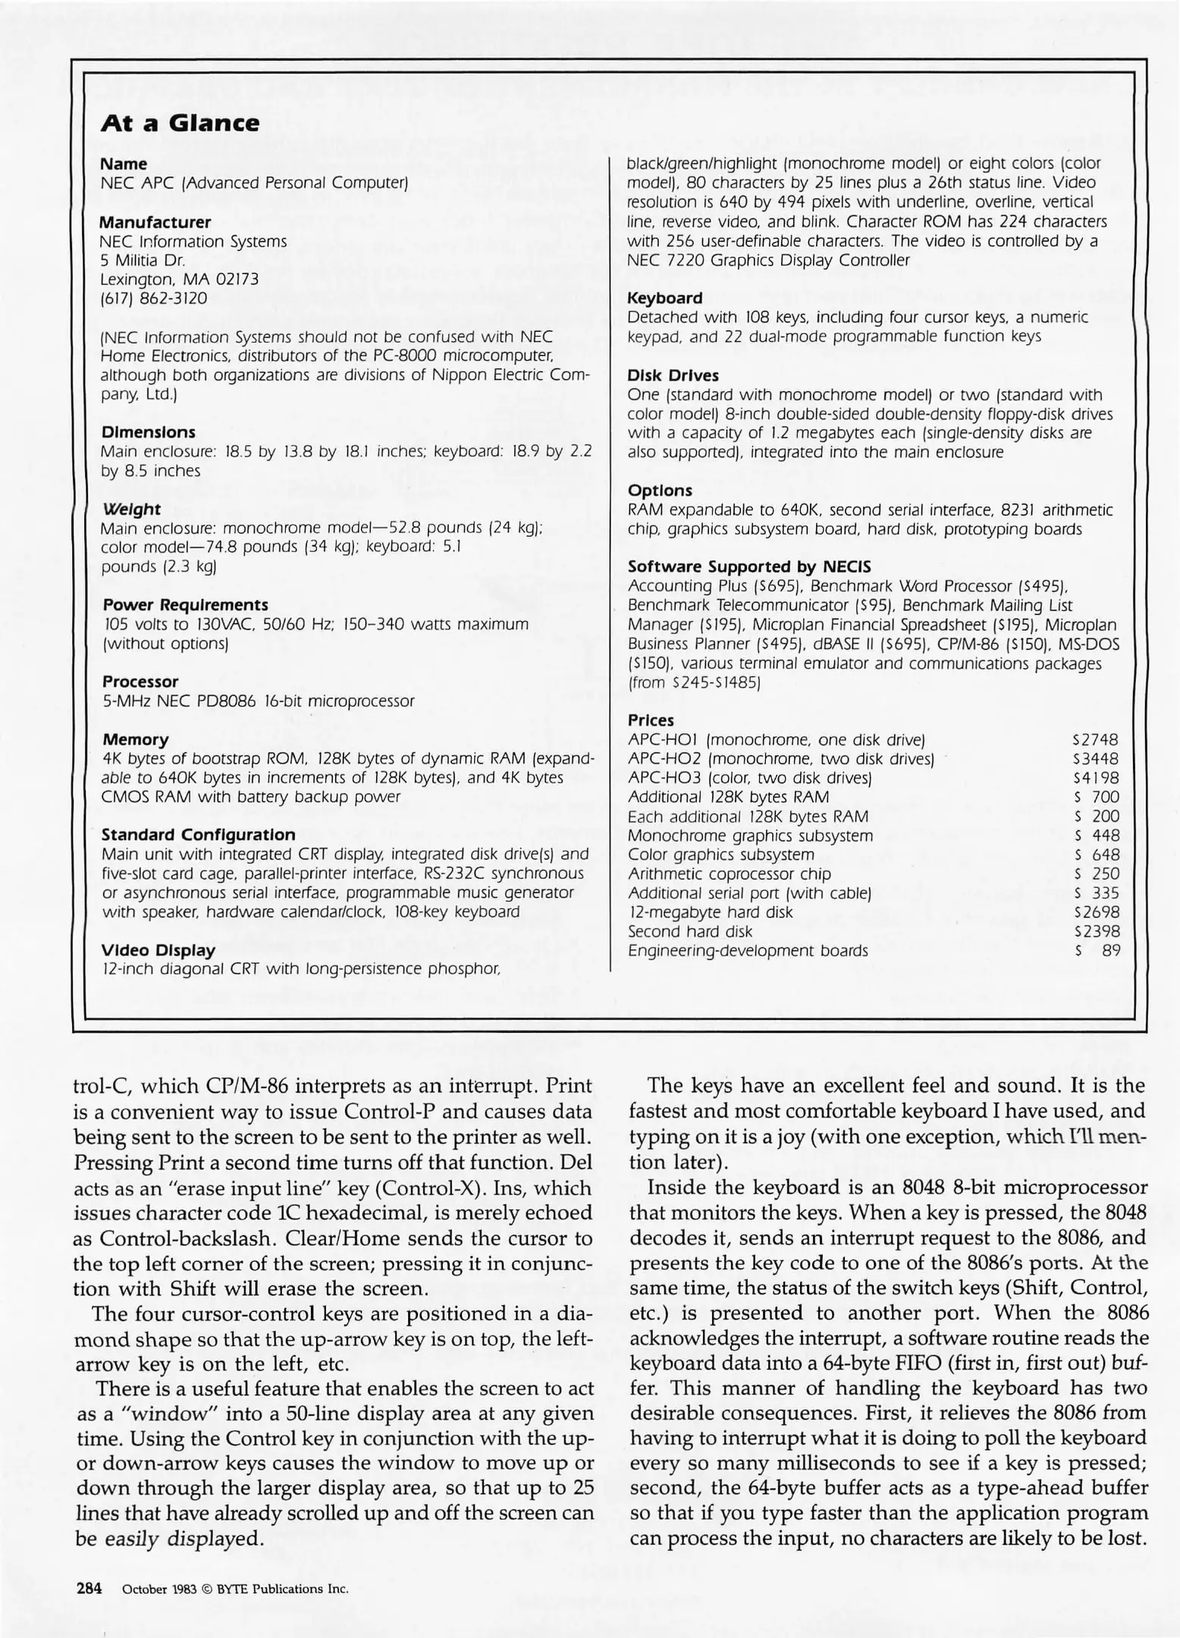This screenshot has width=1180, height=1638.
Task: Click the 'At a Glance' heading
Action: [x=180, y=123]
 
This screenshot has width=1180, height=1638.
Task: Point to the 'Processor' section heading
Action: [x=140, y=681]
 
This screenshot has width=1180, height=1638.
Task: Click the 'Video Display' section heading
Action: [x=158, y=949]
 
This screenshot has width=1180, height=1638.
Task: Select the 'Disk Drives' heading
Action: [x=673, y=375]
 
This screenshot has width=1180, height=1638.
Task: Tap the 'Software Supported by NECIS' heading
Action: [x=749, y=566]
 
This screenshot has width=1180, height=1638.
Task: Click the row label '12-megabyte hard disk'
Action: [x=710, y=912]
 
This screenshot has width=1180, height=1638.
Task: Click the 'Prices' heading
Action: [x=651, y=720]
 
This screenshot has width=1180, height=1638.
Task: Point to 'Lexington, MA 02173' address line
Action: [x=179, y=279]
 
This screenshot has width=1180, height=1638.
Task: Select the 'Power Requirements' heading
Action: [x=185, y=604]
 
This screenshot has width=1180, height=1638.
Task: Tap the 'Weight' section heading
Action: [x=130, y=509]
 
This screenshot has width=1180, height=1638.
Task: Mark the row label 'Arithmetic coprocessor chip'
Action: [x=729, y=874]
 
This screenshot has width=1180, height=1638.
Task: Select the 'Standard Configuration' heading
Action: [x=198, y=834]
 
